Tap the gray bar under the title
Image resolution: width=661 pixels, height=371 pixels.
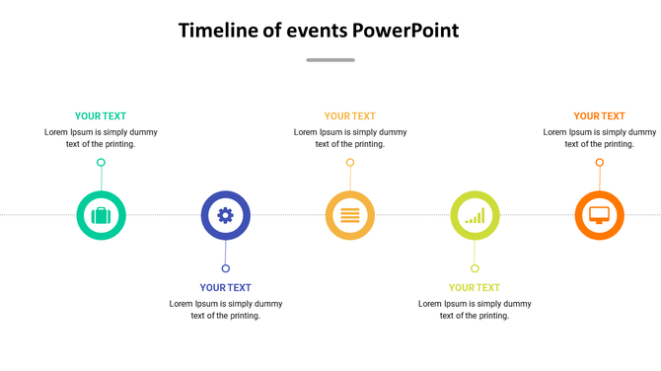tap(330, 60)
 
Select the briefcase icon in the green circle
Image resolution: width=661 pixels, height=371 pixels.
tap(101, 215)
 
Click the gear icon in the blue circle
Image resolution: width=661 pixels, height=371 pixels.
tap(225, 215)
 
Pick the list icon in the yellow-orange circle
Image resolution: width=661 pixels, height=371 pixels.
tap(350, 215)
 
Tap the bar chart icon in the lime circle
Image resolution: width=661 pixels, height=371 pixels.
tap(475, 215)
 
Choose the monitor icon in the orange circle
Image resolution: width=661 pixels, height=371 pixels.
tap(599, 215)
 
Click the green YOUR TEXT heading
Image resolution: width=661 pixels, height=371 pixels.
tap(101, 116)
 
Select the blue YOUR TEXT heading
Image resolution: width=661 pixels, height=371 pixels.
tap(225, 288)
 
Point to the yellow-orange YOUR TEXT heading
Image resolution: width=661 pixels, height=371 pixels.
tap(350, 116)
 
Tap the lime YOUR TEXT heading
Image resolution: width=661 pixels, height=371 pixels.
tap(475, 288)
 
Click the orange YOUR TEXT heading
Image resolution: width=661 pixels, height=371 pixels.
tap(599, 116)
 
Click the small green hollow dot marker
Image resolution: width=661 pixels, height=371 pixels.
tap(101, 163)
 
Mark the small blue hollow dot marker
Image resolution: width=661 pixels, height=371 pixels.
tap(226, 268)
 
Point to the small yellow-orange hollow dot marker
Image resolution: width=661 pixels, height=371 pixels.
tap(350, 163)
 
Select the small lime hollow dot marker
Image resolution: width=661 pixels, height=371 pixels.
tap(475, 268)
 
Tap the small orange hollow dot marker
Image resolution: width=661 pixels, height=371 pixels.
tap(599, 163)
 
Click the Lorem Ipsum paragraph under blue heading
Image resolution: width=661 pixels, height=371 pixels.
tap(225, 310)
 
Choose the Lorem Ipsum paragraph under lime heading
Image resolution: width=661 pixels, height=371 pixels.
tap(475, 310)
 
